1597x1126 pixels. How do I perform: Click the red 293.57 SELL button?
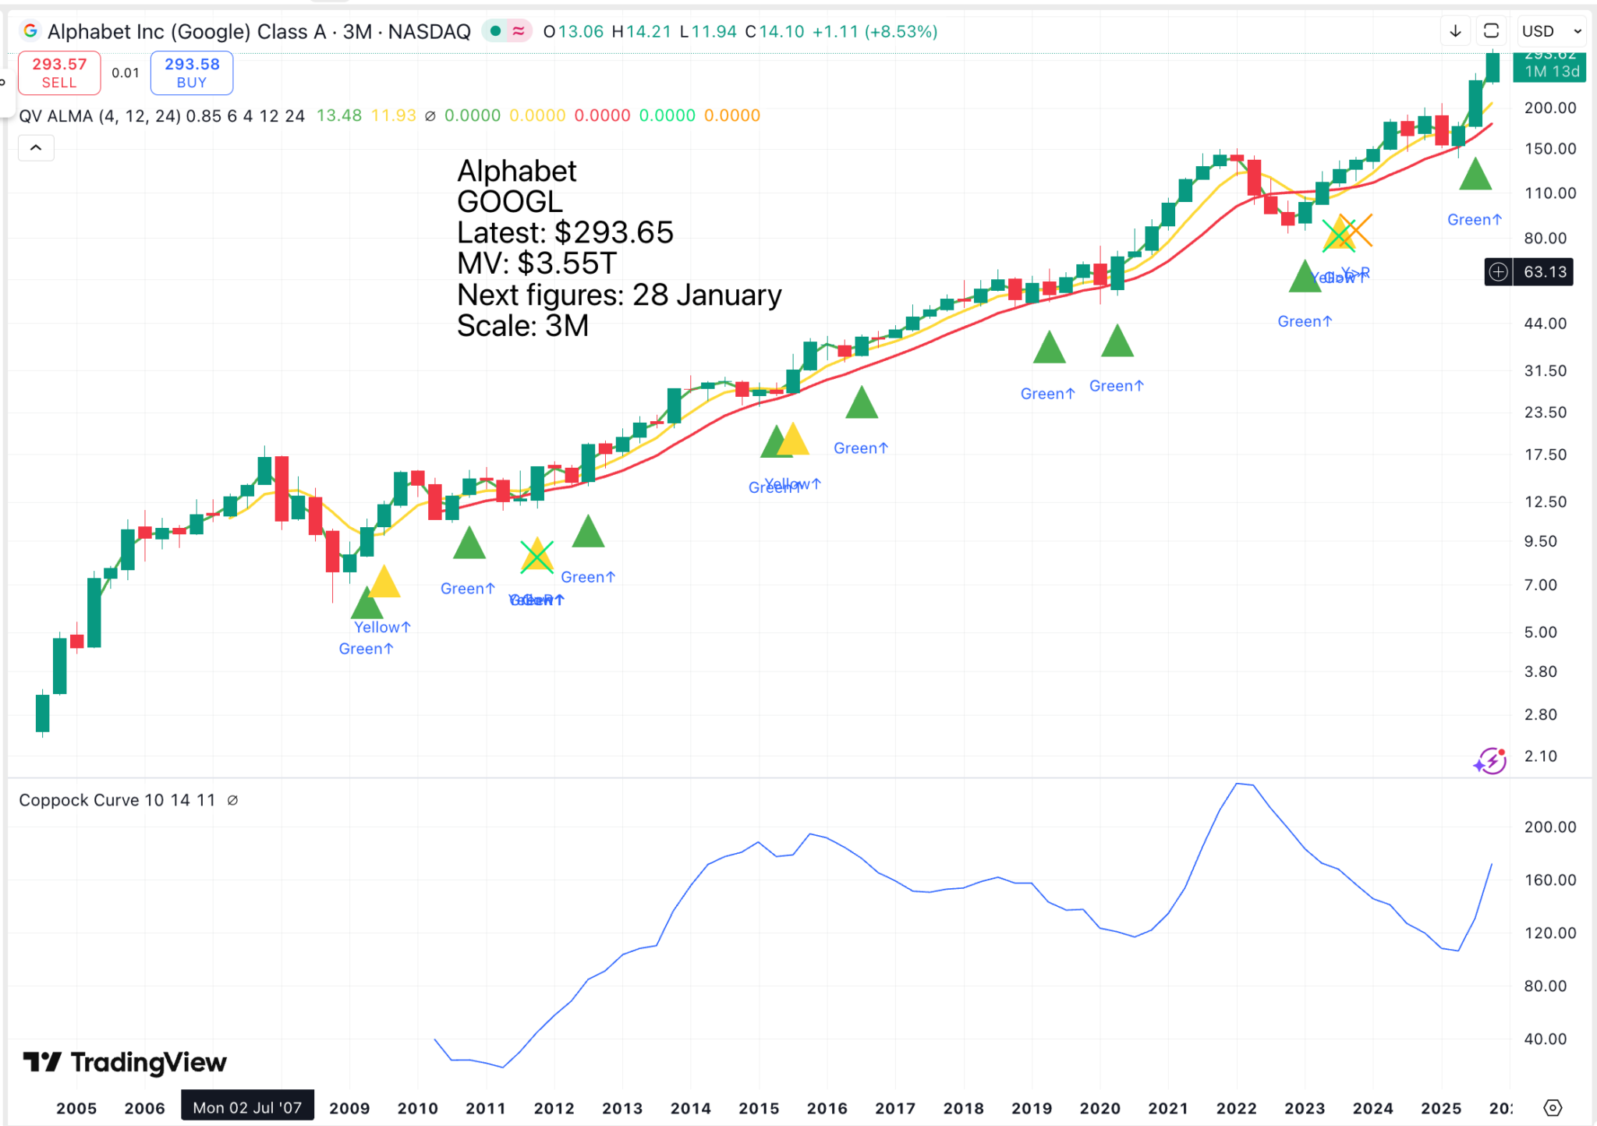59,73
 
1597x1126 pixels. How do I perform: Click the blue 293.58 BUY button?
192,73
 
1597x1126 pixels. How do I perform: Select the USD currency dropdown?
1551,31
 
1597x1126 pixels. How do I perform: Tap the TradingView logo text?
148,1062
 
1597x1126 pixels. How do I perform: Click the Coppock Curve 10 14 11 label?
117,800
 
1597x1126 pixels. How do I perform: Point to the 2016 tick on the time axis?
827,1108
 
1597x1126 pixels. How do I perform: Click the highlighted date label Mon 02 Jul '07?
247,1107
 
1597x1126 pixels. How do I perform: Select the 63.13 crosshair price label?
1544,271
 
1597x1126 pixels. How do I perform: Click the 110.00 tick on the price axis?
1549,193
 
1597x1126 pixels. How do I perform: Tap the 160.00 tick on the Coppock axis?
1549,880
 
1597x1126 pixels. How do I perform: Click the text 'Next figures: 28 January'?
619,295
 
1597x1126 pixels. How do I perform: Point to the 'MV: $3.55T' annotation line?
536,264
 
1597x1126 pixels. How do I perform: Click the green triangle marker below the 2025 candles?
1475,175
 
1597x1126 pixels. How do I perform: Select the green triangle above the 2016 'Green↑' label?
862,403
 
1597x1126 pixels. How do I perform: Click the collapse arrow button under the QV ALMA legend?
36,147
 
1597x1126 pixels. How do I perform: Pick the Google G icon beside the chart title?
30,31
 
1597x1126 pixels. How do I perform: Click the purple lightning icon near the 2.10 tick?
1490,760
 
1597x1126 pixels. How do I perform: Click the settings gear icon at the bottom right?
1553,1107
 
